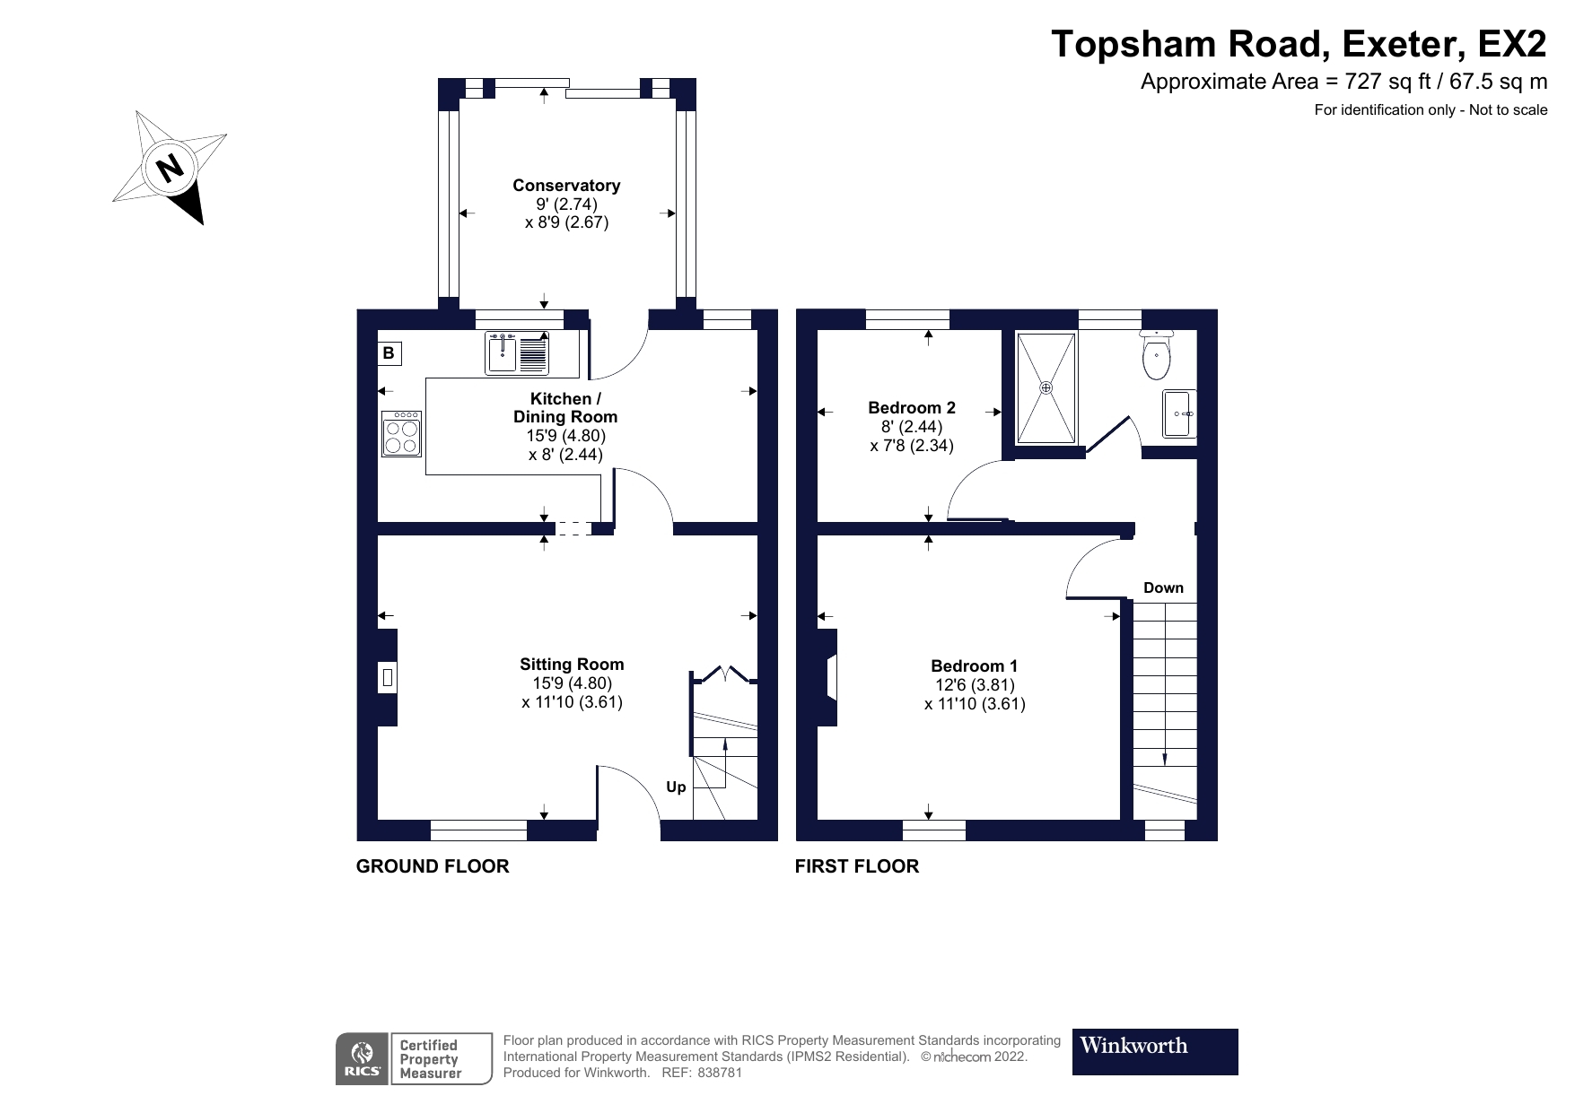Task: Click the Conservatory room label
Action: coord(566,186)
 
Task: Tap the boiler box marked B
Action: coord(389,353)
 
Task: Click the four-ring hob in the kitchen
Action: coord(401,435)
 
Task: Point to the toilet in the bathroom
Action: coord(1156,354)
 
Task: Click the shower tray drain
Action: coord(1046,387)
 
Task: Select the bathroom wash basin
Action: coord(1178,413)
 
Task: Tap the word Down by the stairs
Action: coord(1163,588)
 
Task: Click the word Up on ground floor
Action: coord(676,787)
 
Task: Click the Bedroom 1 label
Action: coord(974,665)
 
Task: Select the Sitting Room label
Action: coord(572,665)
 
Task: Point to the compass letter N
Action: coord(168,167)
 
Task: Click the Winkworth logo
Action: coord(1154,1051)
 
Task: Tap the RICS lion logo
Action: coord(363,1058)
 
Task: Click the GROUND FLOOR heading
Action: coord(433,866)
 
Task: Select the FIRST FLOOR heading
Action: coord(857,866)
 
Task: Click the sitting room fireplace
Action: coord(388,677)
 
